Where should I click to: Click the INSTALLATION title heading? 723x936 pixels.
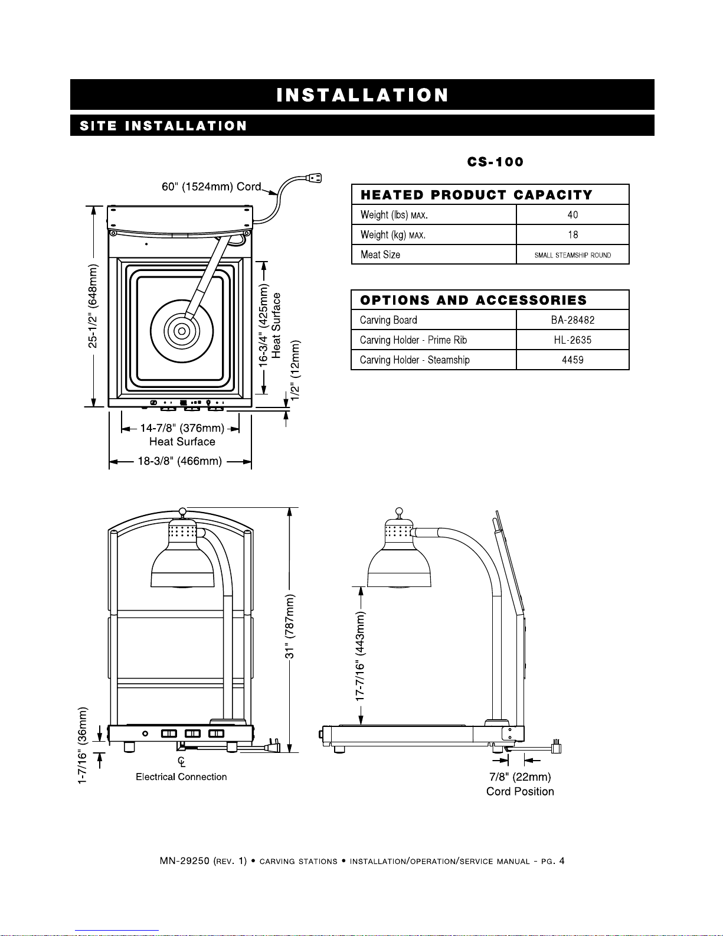point(362,94)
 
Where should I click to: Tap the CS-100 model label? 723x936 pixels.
point(495,162)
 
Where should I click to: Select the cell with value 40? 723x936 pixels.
point(572,214)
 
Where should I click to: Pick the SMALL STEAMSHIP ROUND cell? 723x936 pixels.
point(572,255)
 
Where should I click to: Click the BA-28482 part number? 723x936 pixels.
point(572,320)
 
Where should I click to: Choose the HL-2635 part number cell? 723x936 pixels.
point(572,340)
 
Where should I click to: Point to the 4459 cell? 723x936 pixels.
point(572,360)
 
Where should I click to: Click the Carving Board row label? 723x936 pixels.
point(388,320)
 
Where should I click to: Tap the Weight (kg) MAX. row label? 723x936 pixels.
point(393,235)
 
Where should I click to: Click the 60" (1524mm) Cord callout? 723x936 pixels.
point(211,187)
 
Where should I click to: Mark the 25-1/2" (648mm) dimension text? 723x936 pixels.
point(93,306)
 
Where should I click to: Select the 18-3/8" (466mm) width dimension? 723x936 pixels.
point(180,461)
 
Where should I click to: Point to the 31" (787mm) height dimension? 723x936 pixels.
point(290,627)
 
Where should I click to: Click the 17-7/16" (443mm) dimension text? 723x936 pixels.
point(360,657)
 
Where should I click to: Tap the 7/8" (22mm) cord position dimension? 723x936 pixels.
point(520,777)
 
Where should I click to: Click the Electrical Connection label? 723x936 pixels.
point(181,777)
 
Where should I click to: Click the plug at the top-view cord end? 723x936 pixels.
point(314,178)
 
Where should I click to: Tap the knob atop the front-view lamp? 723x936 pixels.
point(182,511)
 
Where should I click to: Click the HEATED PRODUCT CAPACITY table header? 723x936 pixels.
point(476,195)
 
